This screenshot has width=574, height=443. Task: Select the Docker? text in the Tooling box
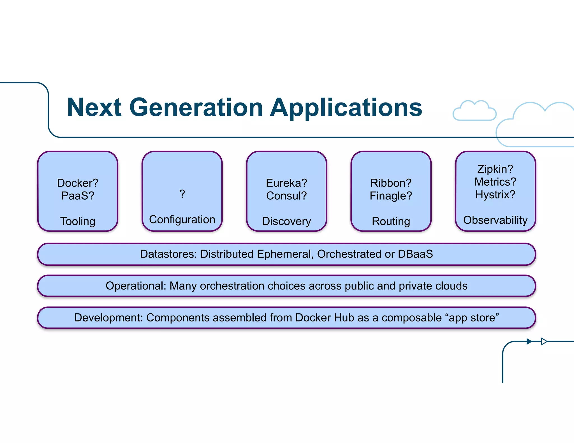78,183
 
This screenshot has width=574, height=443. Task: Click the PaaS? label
78,196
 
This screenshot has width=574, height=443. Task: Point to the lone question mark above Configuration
182,194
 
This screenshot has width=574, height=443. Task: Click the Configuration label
182,220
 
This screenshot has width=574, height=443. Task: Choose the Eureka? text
286,183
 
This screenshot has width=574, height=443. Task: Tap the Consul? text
286,196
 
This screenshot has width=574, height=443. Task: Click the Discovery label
286,221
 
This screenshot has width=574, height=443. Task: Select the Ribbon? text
391,183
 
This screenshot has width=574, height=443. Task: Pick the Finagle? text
391,196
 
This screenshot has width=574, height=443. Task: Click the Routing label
391,221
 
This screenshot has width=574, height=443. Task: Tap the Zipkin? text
495,169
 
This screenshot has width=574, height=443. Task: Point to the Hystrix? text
495,195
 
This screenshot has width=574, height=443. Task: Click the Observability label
495,220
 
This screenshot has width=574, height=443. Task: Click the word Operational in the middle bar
136,286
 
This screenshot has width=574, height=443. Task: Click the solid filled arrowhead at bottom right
529,341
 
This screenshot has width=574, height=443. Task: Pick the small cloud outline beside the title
474,111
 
